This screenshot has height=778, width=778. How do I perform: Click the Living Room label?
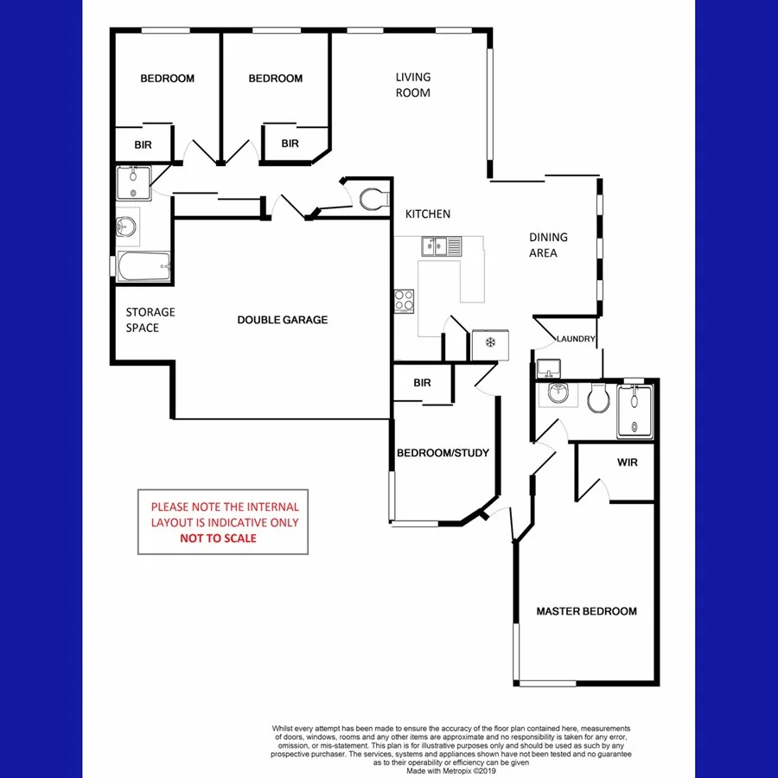pos(412,85)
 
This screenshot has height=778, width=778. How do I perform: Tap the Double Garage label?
pos(283,320)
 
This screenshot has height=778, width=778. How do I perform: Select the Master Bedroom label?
pos(586,611)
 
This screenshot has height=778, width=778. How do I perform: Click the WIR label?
pos(628,463)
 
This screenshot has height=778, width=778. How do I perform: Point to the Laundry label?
pos(577,339)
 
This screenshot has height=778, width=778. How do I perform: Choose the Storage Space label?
pos(150,320)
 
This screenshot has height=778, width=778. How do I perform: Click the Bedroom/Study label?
pos(443,453)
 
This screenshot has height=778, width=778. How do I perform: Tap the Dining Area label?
pos(549,245)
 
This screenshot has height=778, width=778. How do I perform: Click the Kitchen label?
pos(428,214)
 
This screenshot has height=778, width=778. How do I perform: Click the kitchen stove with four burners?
pos(405,300)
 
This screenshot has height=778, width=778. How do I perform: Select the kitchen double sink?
pos(442,246)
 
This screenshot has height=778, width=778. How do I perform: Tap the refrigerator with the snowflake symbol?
pos(489,344)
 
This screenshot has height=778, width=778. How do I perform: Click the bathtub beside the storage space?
pos(143,266)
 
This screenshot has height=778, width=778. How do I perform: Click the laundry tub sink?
pos(546,368)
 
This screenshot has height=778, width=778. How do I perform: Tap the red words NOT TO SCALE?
pos(218,538)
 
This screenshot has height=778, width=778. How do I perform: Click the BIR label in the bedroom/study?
pos(422,383)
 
